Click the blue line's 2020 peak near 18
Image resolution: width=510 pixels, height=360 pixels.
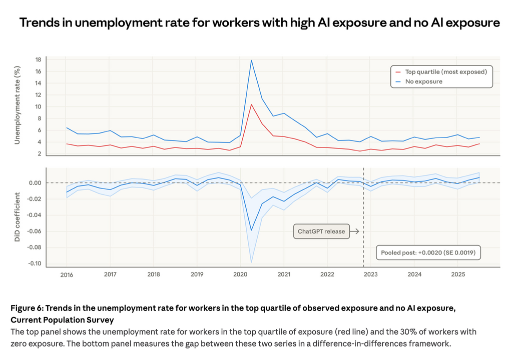click(x=251, y=60)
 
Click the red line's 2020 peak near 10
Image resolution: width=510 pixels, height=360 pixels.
click(x=251, y=104)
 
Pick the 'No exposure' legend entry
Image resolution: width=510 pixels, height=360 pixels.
click(x=423, y=81)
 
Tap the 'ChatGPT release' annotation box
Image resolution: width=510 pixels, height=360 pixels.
click(x=321, y=231)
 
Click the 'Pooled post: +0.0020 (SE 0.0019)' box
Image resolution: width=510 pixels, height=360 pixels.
click(x=428, y=253)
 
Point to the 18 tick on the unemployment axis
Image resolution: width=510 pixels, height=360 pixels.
click(x=38, y=59)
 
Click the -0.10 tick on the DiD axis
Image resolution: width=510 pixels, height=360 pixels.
click(x=34, y=263)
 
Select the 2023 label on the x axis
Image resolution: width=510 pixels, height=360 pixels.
click(x=370, y=274)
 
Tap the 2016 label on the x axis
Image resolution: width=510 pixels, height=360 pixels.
click(x=67, y=274)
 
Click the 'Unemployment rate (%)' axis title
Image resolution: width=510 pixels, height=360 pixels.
click(x=17, y=105)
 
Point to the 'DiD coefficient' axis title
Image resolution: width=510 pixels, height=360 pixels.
click(x=17, y=215)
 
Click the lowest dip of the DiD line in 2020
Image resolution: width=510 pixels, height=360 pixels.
click(x=251, y=230)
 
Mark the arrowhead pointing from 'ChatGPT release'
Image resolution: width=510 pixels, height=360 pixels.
click(x=357, y=231)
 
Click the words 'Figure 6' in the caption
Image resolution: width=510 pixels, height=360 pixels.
click(x=28, y=308)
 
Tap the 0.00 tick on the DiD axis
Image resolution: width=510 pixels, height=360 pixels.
click(x=34, y=182)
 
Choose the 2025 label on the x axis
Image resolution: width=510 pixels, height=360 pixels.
click(x=457, y=274)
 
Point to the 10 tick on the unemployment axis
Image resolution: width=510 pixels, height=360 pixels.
click(x=38, y=106)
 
